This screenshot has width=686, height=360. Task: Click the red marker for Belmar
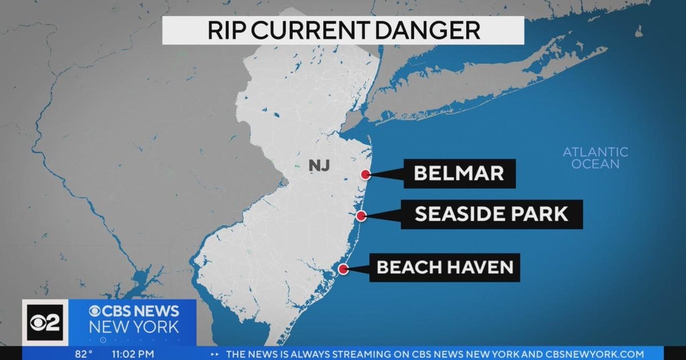[x=366, y=175]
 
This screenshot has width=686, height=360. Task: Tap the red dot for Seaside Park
[x=361, y=216]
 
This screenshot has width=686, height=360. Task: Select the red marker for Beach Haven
[x=343, y=269]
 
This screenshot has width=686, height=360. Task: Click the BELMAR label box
[x=459, y=174]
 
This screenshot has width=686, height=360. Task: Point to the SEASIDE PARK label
[x=491, y=214]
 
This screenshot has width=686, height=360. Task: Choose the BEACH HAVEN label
[x=444, y=267]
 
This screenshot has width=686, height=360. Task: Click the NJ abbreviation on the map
[x=319, y=166]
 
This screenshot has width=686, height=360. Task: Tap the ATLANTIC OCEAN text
[x=595, y=158]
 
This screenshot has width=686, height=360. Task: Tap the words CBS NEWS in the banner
[x=134, y=311]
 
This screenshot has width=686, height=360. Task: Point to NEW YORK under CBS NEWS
[x=134, y=328]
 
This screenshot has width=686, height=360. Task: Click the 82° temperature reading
[x=83, y=354]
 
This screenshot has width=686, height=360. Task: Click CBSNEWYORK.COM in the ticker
[x=595, y=354]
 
